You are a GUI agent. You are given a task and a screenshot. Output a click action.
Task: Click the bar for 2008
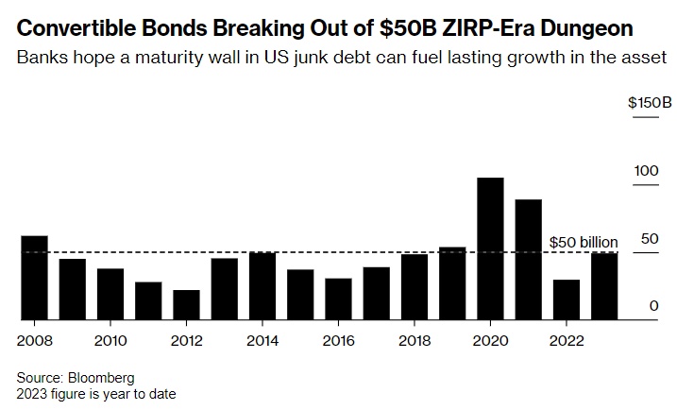tap(34, 278)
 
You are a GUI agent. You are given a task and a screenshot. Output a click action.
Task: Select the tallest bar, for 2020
tap(490, 248)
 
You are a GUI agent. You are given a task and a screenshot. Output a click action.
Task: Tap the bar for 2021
tap(528, 260)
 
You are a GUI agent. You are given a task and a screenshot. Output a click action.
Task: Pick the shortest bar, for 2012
tap(186, 305)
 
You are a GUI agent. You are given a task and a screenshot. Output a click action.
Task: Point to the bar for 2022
tap(567, 299)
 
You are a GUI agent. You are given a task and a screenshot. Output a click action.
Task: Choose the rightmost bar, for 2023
tap(604, 286)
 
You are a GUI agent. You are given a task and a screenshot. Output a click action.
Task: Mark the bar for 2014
tap(262, 286)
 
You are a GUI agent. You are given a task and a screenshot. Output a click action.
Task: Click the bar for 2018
tap(415, 287)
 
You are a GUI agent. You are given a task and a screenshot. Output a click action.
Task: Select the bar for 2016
tap(338, 299)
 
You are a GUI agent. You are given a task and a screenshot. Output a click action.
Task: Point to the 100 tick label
tap(646, 171)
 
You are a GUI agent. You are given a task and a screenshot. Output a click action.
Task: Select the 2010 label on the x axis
tap(110, 340)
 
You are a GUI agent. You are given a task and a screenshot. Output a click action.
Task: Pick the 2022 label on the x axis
tap(567, 340)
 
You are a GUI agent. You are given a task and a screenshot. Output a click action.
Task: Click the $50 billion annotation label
tap(583, 243)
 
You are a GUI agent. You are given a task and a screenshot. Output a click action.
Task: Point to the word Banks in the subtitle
tap(39, 58)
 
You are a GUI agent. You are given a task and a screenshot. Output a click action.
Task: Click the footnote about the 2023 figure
tap(95, 393)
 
